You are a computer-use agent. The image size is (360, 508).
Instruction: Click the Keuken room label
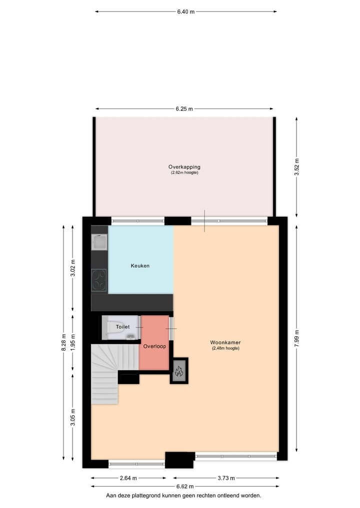click(140, 266)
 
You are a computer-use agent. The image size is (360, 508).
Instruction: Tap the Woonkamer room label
click(225, 343)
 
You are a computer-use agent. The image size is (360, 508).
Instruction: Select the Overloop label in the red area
click(154, 346)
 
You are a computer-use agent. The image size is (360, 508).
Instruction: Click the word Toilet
click(122, 327)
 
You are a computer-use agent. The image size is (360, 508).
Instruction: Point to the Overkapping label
click(184, 167)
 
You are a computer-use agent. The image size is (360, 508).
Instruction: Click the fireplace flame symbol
click(179, 371)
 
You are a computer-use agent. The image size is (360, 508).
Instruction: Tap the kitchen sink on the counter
click(99, 242)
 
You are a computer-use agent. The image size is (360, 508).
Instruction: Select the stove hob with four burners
click(99, 281)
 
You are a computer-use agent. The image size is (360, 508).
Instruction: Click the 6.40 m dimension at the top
click(185, 11)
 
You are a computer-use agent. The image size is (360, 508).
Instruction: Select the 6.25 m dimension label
click(184, 109)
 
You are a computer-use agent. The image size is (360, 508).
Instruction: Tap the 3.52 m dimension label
click(296, 164)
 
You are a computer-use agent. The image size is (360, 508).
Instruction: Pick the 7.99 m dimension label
click(296, 337)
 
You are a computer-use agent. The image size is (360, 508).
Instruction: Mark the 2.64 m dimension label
click(128, 478)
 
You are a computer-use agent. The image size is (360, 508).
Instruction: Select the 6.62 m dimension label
click(185, 486)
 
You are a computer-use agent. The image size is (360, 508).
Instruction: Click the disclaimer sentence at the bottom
click(183, 496)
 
